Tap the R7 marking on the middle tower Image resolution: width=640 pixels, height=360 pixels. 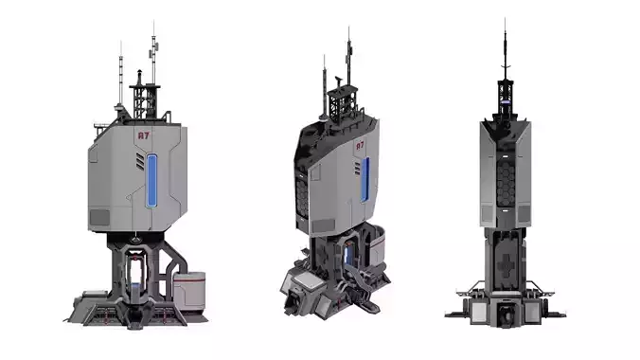(359, 147)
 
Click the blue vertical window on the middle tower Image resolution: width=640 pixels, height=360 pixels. (365, 185)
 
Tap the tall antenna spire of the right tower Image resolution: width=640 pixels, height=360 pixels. (505, 47)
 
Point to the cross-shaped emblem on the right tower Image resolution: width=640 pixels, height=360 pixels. (506, 261)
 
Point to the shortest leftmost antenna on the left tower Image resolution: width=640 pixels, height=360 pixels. (120, 81)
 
